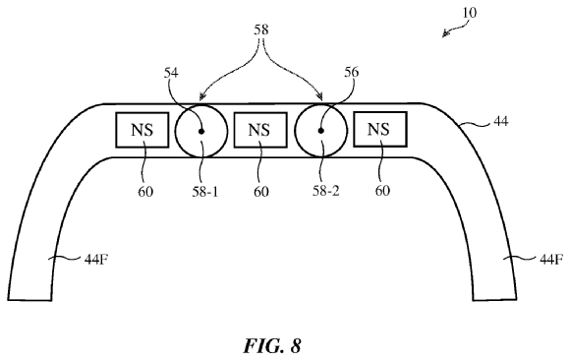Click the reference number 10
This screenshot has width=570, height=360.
pyautogui.click(x=470, y=13)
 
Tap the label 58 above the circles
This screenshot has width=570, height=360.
pyautogui.click(x=261, y=30)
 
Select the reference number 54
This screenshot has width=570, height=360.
pyautogui.click(x=171, y=73)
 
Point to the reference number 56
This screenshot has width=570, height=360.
pyautogui.click(x=351, y=72)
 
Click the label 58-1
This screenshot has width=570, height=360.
pyautogui.click(x=205, y=192)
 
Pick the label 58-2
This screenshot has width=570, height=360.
pyautogui.click(x=325, y=191)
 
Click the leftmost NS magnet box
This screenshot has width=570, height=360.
pyautogui.click(x=142, y=130)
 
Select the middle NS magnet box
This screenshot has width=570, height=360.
pyautogui.click(x=260, y=130)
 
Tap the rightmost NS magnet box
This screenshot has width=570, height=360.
pyautogui.click(x=380, y=129)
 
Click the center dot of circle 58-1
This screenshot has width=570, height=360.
pyautogui.click(x=201, y=132)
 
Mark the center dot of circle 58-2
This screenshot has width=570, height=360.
pyautogui.click(x=320, y=131)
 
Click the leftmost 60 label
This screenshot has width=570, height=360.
pyautogui.click(x=145, y=192)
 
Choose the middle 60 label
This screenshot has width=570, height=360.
pyautogui.click(x=261, y=192)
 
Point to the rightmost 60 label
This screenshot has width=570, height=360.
pyautogui.click(x=382, y=191)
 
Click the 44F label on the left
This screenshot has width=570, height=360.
pyautogui.click(x=96, y=260)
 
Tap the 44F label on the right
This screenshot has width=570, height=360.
pyautogui.click(x=551, y=260)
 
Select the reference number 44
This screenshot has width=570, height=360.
pyautogui.click(x=500, y=121)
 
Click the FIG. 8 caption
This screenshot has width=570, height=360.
pyautogui.click(x=272, y=346)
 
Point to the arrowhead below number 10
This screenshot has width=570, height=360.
pyautogui.click(x=445, y=34)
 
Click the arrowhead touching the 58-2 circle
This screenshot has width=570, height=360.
pyautogui.click(x=319, y=96)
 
